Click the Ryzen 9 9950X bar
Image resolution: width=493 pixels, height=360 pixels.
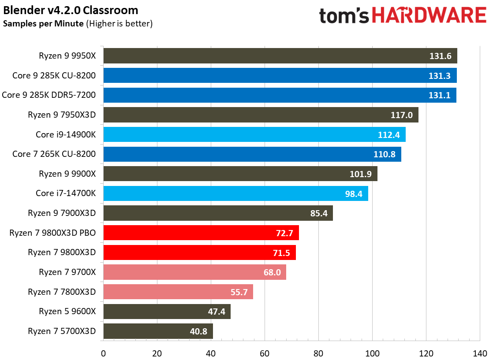[280, 56]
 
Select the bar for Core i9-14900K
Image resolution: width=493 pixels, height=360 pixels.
[254, 134]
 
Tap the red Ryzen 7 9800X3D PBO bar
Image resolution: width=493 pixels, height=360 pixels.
[201, 233]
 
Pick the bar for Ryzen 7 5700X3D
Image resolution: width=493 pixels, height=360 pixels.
[158, 331]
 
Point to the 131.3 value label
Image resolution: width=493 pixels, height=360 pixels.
[439, 76]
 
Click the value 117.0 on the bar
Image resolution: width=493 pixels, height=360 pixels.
[401, 115]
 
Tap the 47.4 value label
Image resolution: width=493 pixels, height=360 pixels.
[217, 312]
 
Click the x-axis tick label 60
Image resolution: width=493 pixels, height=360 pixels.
[265, 353]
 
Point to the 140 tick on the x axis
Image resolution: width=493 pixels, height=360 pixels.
[480, 353]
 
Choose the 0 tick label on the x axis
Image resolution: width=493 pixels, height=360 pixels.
[103, 353]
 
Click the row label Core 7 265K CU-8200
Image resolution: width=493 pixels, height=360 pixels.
[54, 154]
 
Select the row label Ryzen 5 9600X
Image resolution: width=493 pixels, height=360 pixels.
[67, 312]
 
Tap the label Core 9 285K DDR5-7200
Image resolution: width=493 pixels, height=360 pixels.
[49, 95]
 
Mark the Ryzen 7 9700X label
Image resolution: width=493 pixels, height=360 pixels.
[67, 272]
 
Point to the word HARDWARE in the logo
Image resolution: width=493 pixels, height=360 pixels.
[429, 16]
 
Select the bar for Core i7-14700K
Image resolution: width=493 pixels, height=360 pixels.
[235, 193]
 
